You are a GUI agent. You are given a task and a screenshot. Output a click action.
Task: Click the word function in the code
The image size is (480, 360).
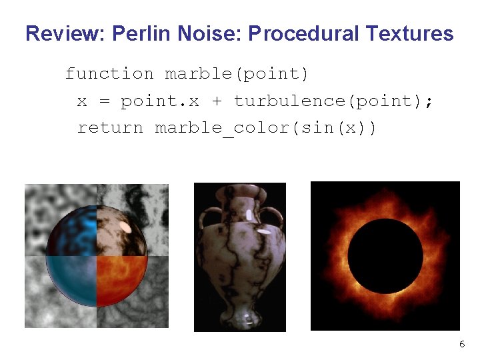[x=109, y=74]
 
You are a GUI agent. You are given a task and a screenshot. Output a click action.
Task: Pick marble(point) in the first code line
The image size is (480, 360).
[x=237, y=74]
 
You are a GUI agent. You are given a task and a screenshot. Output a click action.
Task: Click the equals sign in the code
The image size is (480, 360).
[x=103, y=101]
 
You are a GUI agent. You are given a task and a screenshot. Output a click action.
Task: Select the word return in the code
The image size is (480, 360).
[x=110, y=127]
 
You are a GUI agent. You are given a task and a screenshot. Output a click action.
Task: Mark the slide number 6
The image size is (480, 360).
[x=462, y=344]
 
